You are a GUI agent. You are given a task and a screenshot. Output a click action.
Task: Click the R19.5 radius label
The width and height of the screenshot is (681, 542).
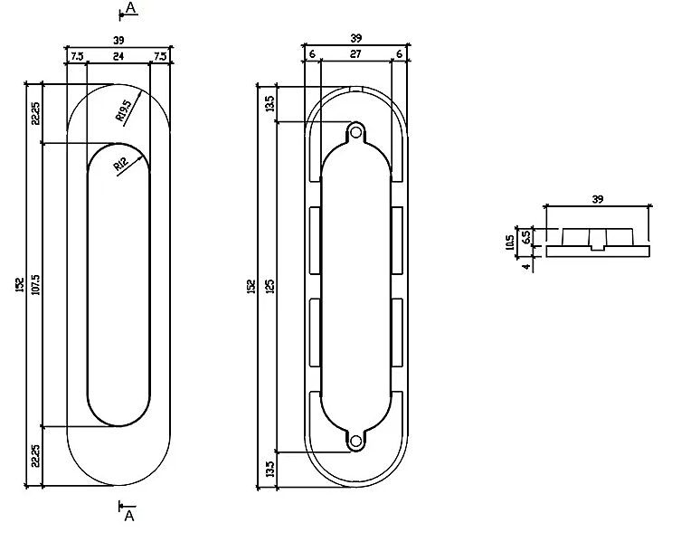coord(123,110)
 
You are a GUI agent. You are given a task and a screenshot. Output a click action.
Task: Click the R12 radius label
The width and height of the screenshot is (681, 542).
coord(121,165)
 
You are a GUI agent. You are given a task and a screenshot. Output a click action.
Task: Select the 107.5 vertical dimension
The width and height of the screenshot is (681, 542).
coord(36,284)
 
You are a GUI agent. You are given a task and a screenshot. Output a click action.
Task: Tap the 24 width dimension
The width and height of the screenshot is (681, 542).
coord(118,56)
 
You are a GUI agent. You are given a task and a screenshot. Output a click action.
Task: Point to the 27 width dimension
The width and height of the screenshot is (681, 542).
coord(355,54)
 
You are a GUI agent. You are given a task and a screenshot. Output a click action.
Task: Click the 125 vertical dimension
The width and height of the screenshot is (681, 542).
coord(270,286)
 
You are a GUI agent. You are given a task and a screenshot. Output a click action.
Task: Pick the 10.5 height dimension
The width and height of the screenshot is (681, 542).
coord(510,242)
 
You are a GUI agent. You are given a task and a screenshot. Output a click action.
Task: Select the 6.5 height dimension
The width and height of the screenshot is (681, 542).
coord(525,237)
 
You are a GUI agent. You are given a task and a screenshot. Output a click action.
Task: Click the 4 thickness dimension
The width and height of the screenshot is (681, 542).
coord(527,266)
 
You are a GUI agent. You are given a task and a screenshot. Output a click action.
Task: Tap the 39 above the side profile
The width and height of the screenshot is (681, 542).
coord(598,199)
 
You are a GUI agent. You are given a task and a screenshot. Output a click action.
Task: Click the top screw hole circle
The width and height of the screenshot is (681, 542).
coord(355,131)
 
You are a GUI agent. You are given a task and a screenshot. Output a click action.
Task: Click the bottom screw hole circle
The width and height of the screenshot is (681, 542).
coord(355,442)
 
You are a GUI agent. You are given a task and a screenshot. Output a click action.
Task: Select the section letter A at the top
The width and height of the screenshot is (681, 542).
coord(130,8)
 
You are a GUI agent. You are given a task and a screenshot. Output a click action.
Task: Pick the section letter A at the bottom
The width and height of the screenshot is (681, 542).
coord(129,516)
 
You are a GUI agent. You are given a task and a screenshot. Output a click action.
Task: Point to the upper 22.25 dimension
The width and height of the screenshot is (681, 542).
coord(35,113)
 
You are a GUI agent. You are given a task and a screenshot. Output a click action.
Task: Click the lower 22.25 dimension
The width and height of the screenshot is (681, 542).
coord(35,455)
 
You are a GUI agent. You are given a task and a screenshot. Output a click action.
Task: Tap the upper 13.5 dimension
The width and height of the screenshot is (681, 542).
coord(270,103)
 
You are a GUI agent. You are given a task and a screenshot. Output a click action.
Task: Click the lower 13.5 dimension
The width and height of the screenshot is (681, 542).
coord(270,470)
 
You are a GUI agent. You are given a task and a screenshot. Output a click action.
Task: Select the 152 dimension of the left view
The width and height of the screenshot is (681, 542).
coord(20,285)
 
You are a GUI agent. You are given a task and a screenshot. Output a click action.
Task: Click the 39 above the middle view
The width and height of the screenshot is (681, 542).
coord(355,38)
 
